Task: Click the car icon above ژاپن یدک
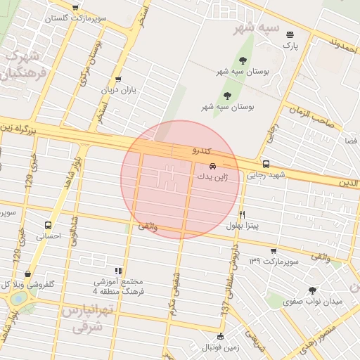point(213,167)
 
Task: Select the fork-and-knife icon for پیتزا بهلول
point(243,214)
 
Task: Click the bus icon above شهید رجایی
point(265,164)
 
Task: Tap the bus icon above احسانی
point(49,226)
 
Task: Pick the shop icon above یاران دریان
point(117,79)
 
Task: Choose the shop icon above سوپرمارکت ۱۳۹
point(273,251)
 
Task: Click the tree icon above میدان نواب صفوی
point(312,290)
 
